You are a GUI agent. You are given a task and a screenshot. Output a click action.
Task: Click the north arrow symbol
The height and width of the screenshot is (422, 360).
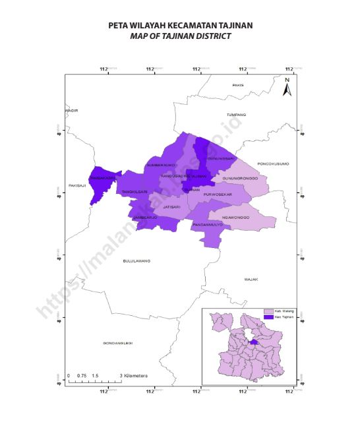(287, 88)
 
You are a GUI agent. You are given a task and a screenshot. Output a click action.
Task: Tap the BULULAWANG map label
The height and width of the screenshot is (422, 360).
(136, 261)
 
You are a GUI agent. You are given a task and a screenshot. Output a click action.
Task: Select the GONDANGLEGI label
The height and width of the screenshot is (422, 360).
(118, 344)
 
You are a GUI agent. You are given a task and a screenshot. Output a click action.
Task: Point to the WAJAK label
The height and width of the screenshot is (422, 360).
(251, 280)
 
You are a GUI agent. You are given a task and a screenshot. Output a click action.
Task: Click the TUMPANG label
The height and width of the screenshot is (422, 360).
(236, 115)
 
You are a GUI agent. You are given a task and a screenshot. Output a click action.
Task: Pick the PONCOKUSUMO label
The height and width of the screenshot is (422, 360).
(273, 164)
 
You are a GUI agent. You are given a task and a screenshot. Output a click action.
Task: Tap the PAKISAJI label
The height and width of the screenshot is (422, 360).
(78, 186)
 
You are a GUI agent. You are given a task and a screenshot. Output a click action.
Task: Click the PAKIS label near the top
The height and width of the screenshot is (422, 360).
(238, 85)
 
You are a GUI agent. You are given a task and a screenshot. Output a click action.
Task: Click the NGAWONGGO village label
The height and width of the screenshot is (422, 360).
(235, 217)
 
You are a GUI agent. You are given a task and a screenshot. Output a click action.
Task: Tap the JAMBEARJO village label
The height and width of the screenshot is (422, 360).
(145, 217)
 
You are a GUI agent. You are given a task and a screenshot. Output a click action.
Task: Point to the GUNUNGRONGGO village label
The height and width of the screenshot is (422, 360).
(240, 178)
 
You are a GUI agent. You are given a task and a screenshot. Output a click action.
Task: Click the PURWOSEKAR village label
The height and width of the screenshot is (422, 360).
(218, 195)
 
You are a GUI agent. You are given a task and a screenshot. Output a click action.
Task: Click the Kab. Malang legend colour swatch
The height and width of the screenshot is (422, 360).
(268, 311)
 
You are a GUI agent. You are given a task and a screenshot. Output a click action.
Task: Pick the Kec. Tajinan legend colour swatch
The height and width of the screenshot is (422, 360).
(268, 317)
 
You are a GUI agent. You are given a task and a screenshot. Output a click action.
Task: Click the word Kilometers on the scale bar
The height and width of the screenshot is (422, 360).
(134, 375)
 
